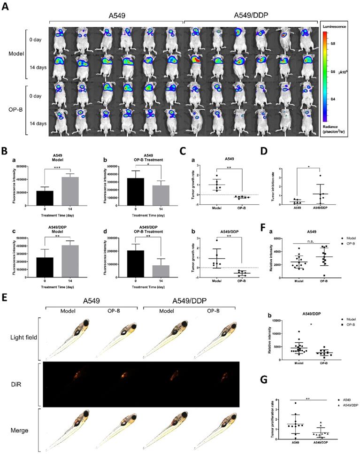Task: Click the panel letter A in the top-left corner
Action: point(6,8)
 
